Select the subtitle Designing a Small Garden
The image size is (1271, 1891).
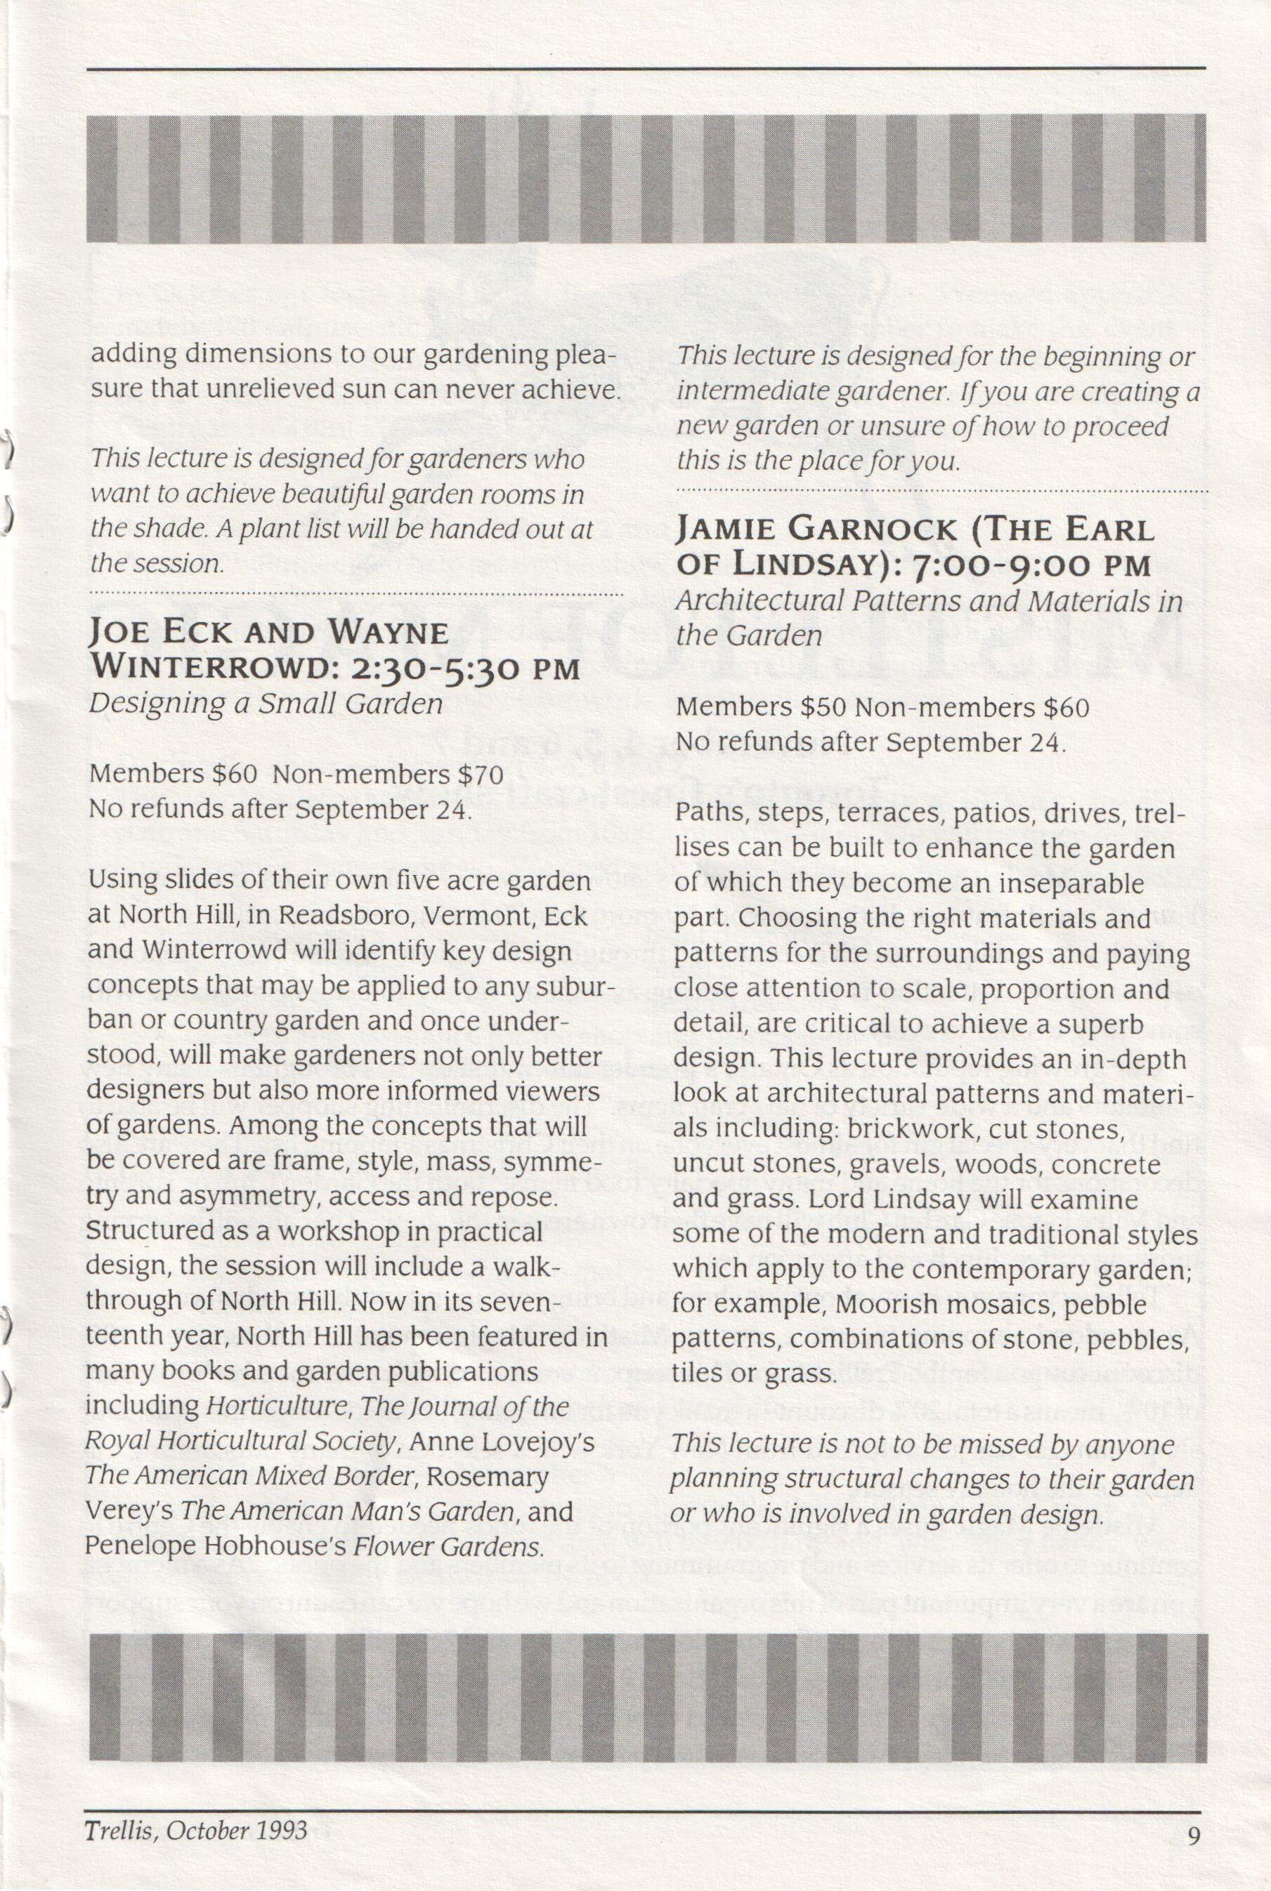(266, 704)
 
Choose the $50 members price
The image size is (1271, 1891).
(823, 707)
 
